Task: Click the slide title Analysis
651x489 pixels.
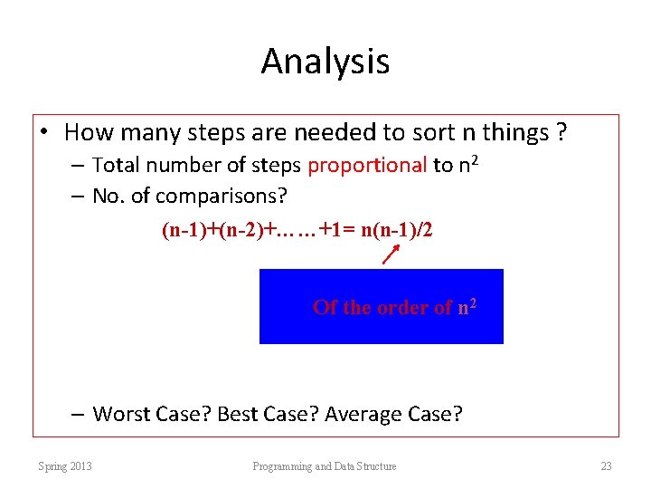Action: coord(325,62)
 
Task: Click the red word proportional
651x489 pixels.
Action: coord(367,165)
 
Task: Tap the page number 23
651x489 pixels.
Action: coord(606,466)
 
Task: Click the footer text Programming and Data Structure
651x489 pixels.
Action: coord(325,466)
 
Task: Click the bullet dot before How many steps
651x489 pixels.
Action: coord(44,133)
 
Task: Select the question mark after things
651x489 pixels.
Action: coord(561,133)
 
